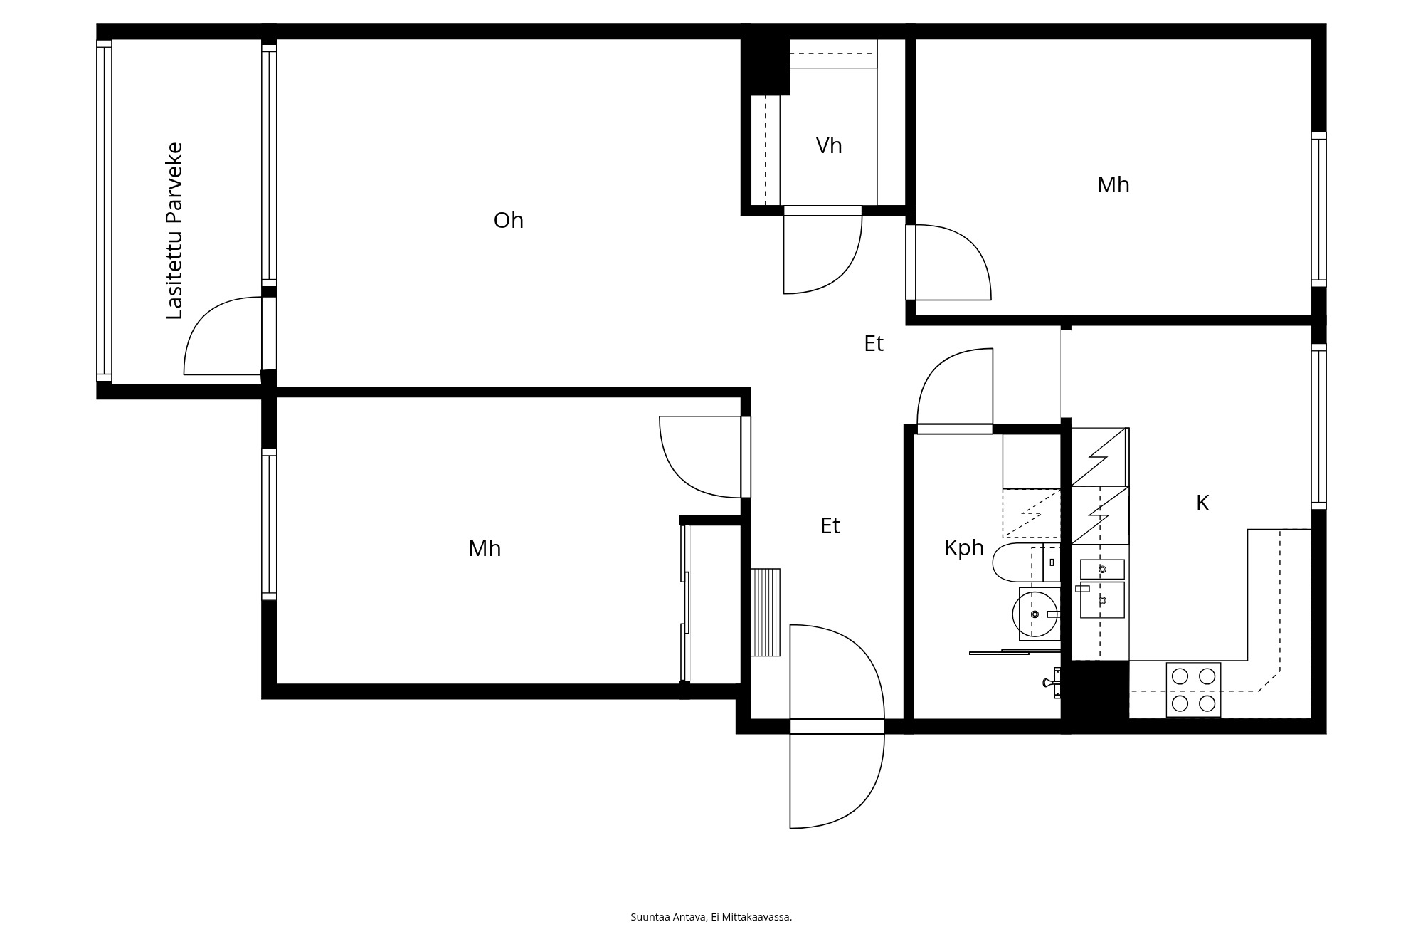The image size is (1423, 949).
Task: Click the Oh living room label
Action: coord(508,221)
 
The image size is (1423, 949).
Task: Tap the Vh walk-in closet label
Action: coord(829,146)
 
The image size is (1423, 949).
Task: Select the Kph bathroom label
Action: coord(964,548)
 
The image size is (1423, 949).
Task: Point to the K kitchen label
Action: coord(1202,503)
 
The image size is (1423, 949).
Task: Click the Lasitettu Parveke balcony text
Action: coord(174,231)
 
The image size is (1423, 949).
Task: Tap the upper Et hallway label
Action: coord(874,344)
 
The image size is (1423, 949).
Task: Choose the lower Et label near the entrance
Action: coord(830,526)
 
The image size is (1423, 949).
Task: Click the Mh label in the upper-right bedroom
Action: coord(1113,185)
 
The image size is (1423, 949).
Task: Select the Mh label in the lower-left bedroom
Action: coord(485,549)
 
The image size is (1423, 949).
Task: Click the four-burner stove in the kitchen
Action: coord(1193,689)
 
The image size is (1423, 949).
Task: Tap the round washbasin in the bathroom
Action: coord(1035,614)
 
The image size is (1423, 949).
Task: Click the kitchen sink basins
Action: coord(1102,588)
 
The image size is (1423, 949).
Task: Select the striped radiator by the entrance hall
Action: coord(766,612)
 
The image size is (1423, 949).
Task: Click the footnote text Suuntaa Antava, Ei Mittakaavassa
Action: coord(711,917)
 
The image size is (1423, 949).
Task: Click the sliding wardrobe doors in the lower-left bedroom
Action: coord(685,604)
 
